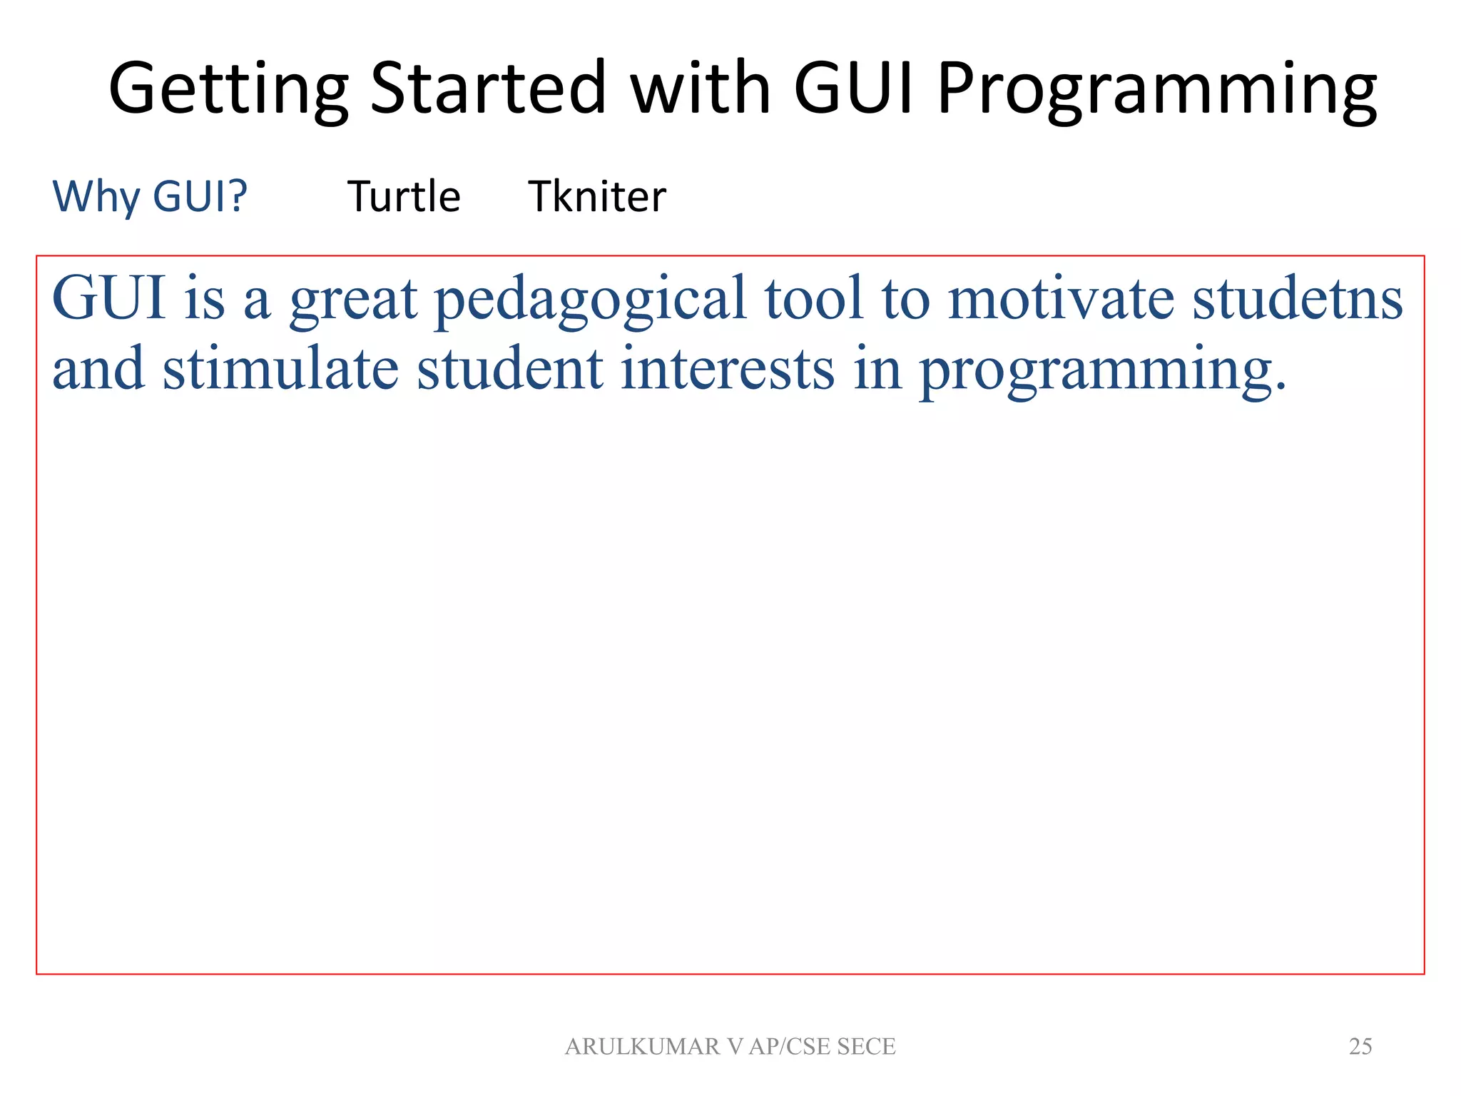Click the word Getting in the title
point(228,89)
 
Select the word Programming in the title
point(1156,89)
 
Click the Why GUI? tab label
point(150,196)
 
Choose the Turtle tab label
point(404,196)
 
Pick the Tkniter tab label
point(597,196)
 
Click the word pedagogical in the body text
point(591,300)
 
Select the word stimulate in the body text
point(280,369)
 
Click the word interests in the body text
point(727,369)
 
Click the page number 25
point(1360,1046)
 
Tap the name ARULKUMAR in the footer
point(643,1046)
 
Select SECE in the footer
point(866,1046)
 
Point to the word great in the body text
point(353,300)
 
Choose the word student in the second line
point(510,369)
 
